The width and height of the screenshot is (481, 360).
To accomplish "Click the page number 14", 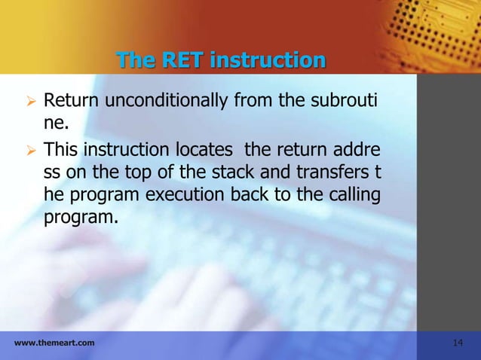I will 457,343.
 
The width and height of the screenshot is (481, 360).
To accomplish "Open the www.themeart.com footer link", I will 54,343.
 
